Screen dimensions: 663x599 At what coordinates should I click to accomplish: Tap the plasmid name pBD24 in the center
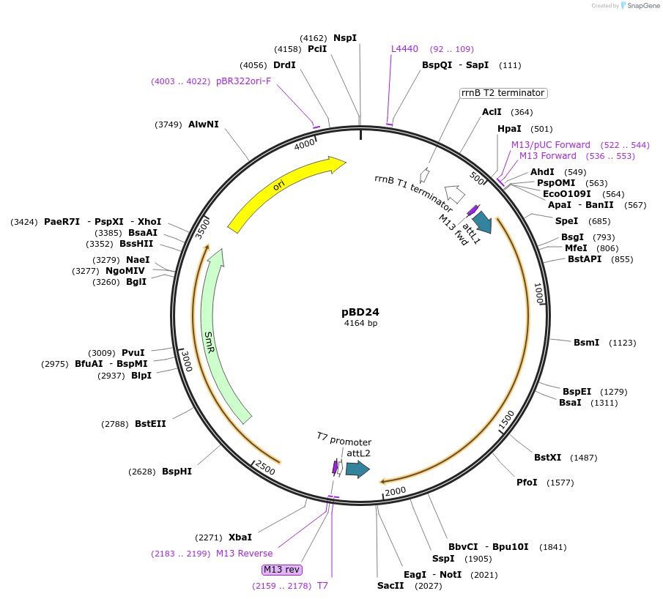360,312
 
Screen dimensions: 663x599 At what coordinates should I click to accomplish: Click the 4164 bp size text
360,323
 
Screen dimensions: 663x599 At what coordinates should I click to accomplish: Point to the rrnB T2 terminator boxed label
503,93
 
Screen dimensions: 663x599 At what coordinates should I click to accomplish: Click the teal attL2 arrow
358,469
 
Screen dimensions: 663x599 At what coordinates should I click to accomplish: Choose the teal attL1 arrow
483,222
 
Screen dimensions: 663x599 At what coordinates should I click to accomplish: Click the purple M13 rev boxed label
281,570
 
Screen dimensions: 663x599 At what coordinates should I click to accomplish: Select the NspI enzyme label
345,37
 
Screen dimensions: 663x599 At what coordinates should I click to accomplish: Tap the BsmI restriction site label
586,343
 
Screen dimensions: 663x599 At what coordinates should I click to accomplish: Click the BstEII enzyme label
150,423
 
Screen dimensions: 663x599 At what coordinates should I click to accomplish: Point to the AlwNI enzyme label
204,124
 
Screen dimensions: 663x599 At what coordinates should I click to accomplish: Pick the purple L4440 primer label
404,49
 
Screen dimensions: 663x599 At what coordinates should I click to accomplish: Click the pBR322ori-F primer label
243,81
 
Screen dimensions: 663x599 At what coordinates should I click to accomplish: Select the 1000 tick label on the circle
538,294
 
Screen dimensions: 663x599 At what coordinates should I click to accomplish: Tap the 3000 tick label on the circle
187,360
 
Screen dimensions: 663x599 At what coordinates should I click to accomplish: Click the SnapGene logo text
643,6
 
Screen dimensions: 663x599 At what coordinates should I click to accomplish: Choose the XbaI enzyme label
240,537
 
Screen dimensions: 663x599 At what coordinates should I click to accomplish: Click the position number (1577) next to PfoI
560,483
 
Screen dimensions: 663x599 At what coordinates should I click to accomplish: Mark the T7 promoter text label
344,439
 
